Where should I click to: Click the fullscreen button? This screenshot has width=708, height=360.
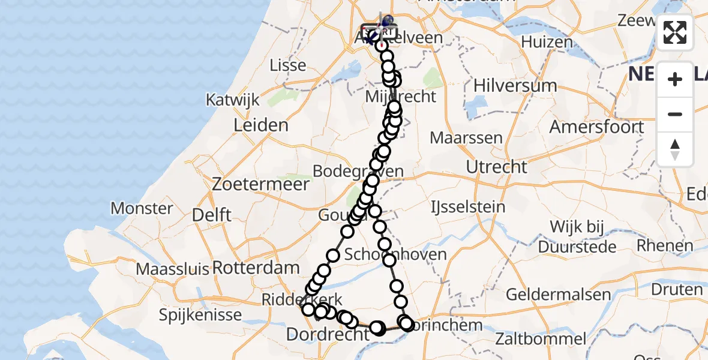pos(675,32)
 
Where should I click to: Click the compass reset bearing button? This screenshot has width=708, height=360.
pos(675,149)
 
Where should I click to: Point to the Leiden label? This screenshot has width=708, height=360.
pos(261,125)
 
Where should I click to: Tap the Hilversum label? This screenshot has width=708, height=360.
pos(506,85)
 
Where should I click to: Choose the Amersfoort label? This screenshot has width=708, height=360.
pos(596,127)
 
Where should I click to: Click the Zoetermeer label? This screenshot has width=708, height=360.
pos(260,184)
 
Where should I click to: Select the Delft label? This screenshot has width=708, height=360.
pos(212,215)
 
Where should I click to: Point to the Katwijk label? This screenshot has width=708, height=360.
pos(232,100)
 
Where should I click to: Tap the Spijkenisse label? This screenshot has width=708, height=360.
pos(201,314)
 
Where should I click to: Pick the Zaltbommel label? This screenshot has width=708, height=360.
pos(541,339)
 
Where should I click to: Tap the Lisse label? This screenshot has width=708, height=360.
pos(288,65)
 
